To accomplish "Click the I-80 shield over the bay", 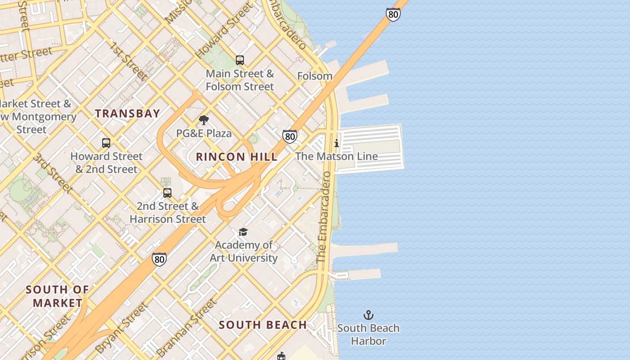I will [393, 14].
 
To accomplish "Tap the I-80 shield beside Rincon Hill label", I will [290, 136].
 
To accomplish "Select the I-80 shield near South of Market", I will [159, 259].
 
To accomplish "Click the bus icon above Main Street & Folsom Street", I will [240, 60].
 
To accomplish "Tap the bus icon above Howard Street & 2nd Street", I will [106, 143].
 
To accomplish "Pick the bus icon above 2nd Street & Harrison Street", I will [167, 193].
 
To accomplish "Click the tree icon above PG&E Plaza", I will [204, 120].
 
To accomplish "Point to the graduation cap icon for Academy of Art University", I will [243, 232].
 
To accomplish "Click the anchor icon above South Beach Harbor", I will [369, 315].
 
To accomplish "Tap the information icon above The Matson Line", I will [337, 144].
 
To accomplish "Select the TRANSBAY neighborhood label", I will [127, 113].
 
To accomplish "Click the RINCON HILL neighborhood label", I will [237, 157].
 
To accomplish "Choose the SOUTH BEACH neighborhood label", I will [263, 325].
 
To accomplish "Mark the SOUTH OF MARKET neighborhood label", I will [57, 296].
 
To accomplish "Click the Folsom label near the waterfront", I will [315, 76].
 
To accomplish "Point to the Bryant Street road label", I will [121, 328].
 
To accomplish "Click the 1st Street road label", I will [127, 61].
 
